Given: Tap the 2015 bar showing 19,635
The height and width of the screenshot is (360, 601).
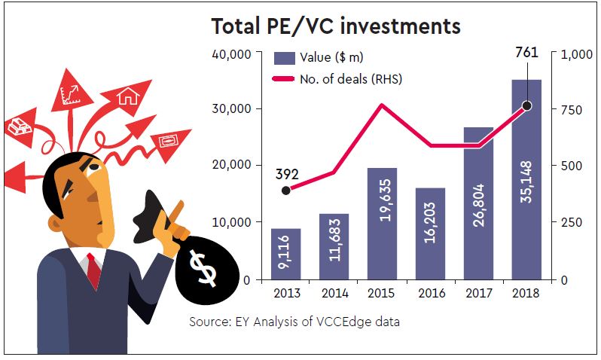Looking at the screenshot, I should point(382,223).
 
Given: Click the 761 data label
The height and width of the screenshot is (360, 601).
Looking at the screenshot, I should point(526,53).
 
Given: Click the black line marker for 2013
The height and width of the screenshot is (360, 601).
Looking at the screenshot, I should point(285,190).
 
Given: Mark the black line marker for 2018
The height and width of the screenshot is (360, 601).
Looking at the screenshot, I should point(526,105).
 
